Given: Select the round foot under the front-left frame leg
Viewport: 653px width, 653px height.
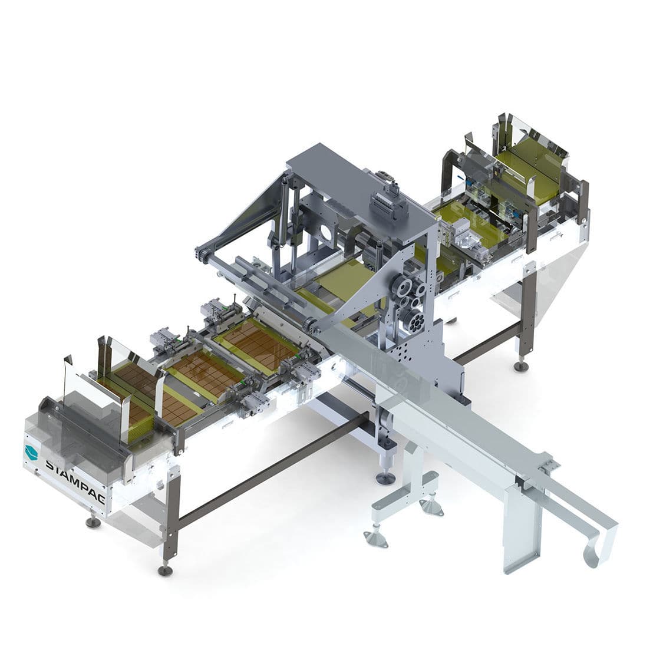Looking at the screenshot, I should pos(166,570).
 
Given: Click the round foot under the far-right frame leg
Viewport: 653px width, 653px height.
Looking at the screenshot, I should pos(520,367).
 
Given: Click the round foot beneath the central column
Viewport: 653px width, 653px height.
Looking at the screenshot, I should pos(383,477).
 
